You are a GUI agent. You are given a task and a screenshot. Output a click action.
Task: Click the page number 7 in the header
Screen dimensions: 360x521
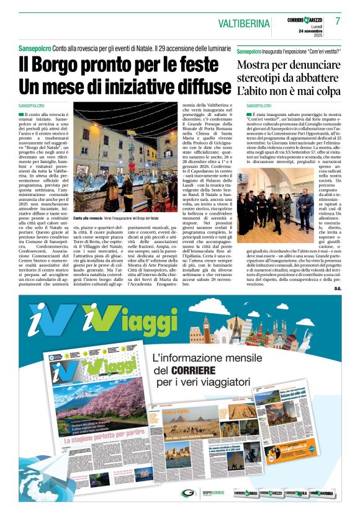point(338,21)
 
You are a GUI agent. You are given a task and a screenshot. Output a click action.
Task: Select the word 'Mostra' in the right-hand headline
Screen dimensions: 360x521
point(259,65)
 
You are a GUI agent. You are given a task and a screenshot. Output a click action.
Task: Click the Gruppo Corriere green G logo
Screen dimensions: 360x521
point(187,494)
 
